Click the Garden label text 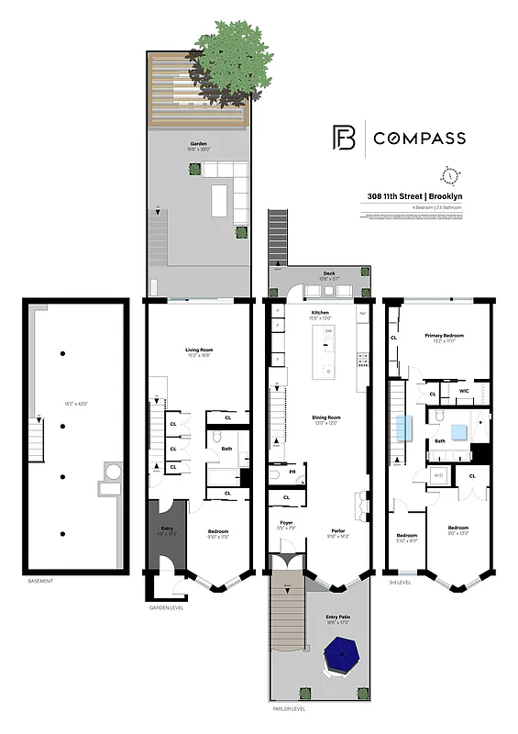tap(198, 144)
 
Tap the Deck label tap(327, 274)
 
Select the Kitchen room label tap(320, 313)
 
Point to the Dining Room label tap(320, 417)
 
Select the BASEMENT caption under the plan tap(40, 582)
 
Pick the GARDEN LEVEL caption tap(170, 607)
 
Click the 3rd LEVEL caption tap(401, 582)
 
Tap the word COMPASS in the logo tap(419, 139)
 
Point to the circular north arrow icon tap(448, 175)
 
